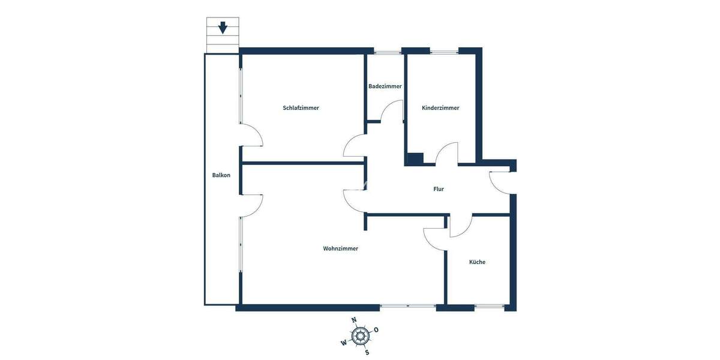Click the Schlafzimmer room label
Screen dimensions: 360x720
[x=301, y=108]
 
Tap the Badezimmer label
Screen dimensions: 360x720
[x=385, y=86]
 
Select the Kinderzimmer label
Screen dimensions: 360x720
[x=440, y=108]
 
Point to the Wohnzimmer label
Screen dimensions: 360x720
[x=340, y=248]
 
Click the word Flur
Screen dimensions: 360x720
[x=439, y=189]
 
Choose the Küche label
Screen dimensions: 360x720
[x=477, y=262]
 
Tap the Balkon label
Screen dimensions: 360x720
[x=221, y=175]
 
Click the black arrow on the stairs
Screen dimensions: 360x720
[x=223, y=28]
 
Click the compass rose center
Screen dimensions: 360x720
[x=360, y=336]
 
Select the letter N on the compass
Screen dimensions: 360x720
[x=354, y=320]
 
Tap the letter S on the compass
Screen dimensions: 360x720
[x=367, y=352]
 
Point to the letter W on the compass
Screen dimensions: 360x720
[x=343, y=343]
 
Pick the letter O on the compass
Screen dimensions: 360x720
[x=376, y=329]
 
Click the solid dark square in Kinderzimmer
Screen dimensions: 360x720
[x=415, y=159]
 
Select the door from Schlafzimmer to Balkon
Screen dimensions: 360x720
[x=252, y=136]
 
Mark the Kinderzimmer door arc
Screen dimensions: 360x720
[x=447, y=152]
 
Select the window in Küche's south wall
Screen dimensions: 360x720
[x=489, y=307]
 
